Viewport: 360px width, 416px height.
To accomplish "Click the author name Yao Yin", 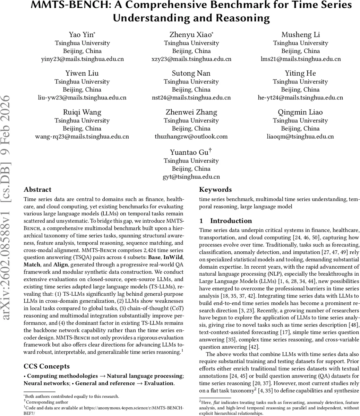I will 82,35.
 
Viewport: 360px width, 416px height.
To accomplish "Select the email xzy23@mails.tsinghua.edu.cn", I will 191,59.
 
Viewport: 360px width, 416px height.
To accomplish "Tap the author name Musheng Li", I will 300,35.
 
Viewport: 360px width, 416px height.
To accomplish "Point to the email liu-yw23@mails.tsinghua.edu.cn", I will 82,98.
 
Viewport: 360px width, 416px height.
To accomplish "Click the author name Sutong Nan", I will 191,73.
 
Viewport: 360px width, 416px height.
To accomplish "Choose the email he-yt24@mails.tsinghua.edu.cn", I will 300,98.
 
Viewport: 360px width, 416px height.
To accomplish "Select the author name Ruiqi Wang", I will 82,112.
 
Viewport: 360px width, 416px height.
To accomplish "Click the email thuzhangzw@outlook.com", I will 191,137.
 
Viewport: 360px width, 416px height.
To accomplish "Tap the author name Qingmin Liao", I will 300,112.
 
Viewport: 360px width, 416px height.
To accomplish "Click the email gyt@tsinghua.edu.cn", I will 191,177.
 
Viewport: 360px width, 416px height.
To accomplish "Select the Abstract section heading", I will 37,190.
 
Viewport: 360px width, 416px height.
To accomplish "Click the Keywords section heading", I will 215,190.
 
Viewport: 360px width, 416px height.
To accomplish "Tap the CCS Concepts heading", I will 46,366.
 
